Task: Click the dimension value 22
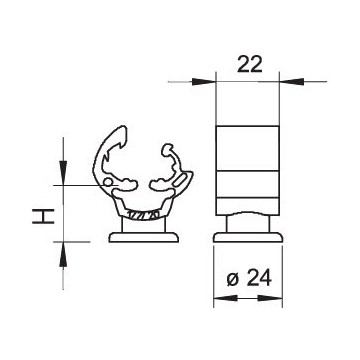click(x=250, y=64)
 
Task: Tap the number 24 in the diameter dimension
click(x=259, y=278)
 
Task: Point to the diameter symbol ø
click(x=233, y=280)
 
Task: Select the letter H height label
click(x=43, y=216)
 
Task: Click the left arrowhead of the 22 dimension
click(x=204, y=81)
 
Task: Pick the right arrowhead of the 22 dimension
click(x=291, y=81)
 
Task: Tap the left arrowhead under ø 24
click(x=225, y=298)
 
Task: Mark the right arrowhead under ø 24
click(x=270, y=298)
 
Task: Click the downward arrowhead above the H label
click(x=63, y=173)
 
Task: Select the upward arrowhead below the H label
click(x=63, y=254)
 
